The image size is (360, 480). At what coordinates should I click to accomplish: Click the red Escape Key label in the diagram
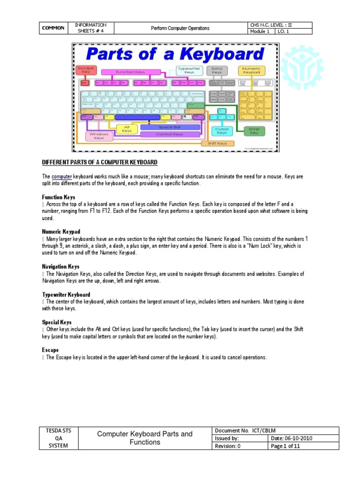tap(85, 70)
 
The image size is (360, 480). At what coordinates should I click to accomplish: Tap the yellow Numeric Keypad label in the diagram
tap(252, 71)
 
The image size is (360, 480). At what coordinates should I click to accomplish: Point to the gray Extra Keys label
tap(217, 70)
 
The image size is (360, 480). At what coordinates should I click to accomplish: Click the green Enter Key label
tap(254, 131)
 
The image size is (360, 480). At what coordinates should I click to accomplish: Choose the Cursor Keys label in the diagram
tap(222, 131)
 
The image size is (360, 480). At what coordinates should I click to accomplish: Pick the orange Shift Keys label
tap(217, 143)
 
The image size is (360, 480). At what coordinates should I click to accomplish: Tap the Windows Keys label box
tap(99, 136)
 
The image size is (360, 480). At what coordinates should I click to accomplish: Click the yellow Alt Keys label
tap(127, 129)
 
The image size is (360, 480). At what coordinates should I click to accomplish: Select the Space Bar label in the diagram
tap(169, 127)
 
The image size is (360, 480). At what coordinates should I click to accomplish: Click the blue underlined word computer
tap(61, 176)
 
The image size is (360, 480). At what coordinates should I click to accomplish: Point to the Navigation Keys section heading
tap(60, 266)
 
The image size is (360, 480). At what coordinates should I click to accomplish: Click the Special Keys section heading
tap(57, 322)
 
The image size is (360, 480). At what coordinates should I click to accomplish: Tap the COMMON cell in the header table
tap(53, 28)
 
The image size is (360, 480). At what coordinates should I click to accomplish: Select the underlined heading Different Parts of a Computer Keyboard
tap(100, 162)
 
